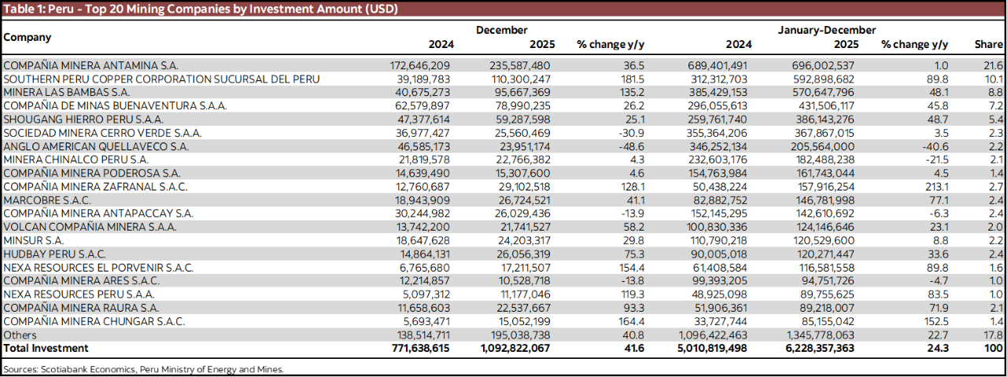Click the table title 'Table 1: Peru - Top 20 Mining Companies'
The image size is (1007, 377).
(x=201, y=9)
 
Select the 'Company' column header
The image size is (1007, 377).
(x=28, y=37)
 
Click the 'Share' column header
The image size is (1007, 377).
(x=988, y=45)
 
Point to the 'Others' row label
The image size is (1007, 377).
(x=20, y=334)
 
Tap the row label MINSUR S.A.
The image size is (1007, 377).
(x=34, y=240)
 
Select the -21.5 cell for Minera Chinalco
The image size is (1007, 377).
(x=935, y=160)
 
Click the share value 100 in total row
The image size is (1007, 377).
(x=994, y=348)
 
